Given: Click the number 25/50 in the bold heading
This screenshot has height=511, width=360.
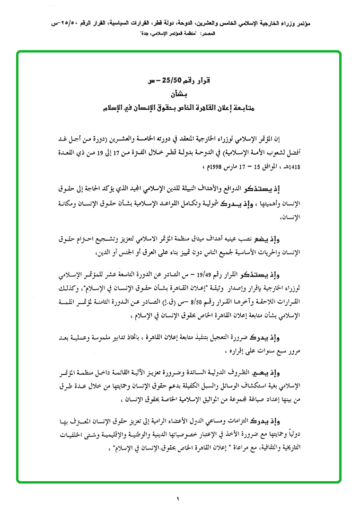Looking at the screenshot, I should (169, 81).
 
